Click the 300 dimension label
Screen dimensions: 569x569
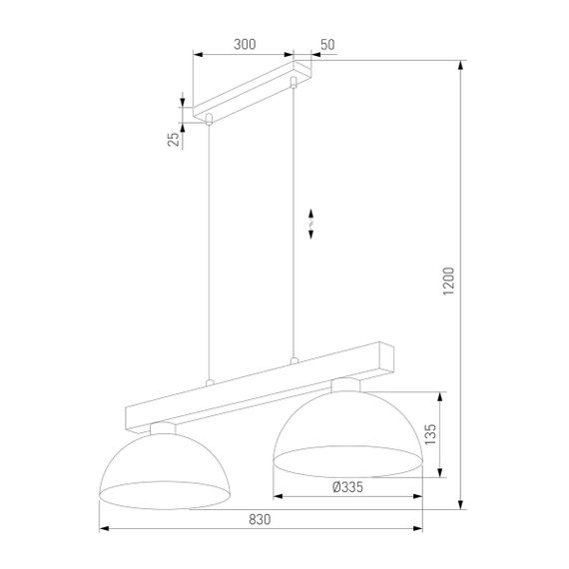(x=244, y=44)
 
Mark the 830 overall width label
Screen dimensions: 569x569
(x=259, y=519)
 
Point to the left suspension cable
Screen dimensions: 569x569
(x=208, y=250)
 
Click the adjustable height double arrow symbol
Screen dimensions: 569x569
(x=311, y=224)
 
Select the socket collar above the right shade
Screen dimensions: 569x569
(x=345, y=384)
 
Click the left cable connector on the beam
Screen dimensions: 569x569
(x=208, y=382)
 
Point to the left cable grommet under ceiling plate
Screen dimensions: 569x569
(x=208, y=120)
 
